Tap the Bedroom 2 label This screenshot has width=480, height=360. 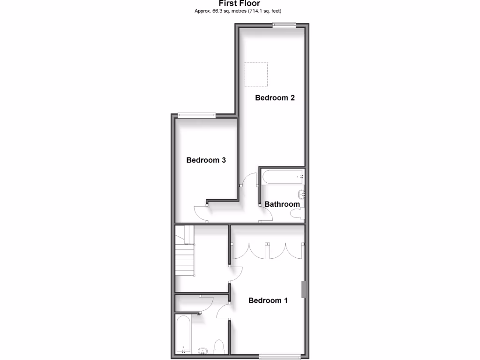click(275, 98)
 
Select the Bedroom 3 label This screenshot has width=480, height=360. click(206, 160)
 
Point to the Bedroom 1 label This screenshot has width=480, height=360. click(268, 300)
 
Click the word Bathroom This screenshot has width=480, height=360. click(282, 204)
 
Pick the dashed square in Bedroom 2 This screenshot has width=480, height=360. click(256, 74)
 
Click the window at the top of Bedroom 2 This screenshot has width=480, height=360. click(284, 25)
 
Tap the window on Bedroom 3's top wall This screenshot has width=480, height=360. click(196, 115)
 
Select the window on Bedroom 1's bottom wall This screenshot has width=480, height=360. click(280, 356)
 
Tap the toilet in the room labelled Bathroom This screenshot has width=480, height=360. click(297, 214)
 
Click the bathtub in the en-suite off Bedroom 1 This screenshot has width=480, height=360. click(183, 334)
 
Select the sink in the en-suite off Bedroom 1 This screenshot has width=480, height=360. click(203, 350)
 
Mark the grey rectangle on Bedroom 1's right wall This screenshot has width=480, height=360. click(303, 289)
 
